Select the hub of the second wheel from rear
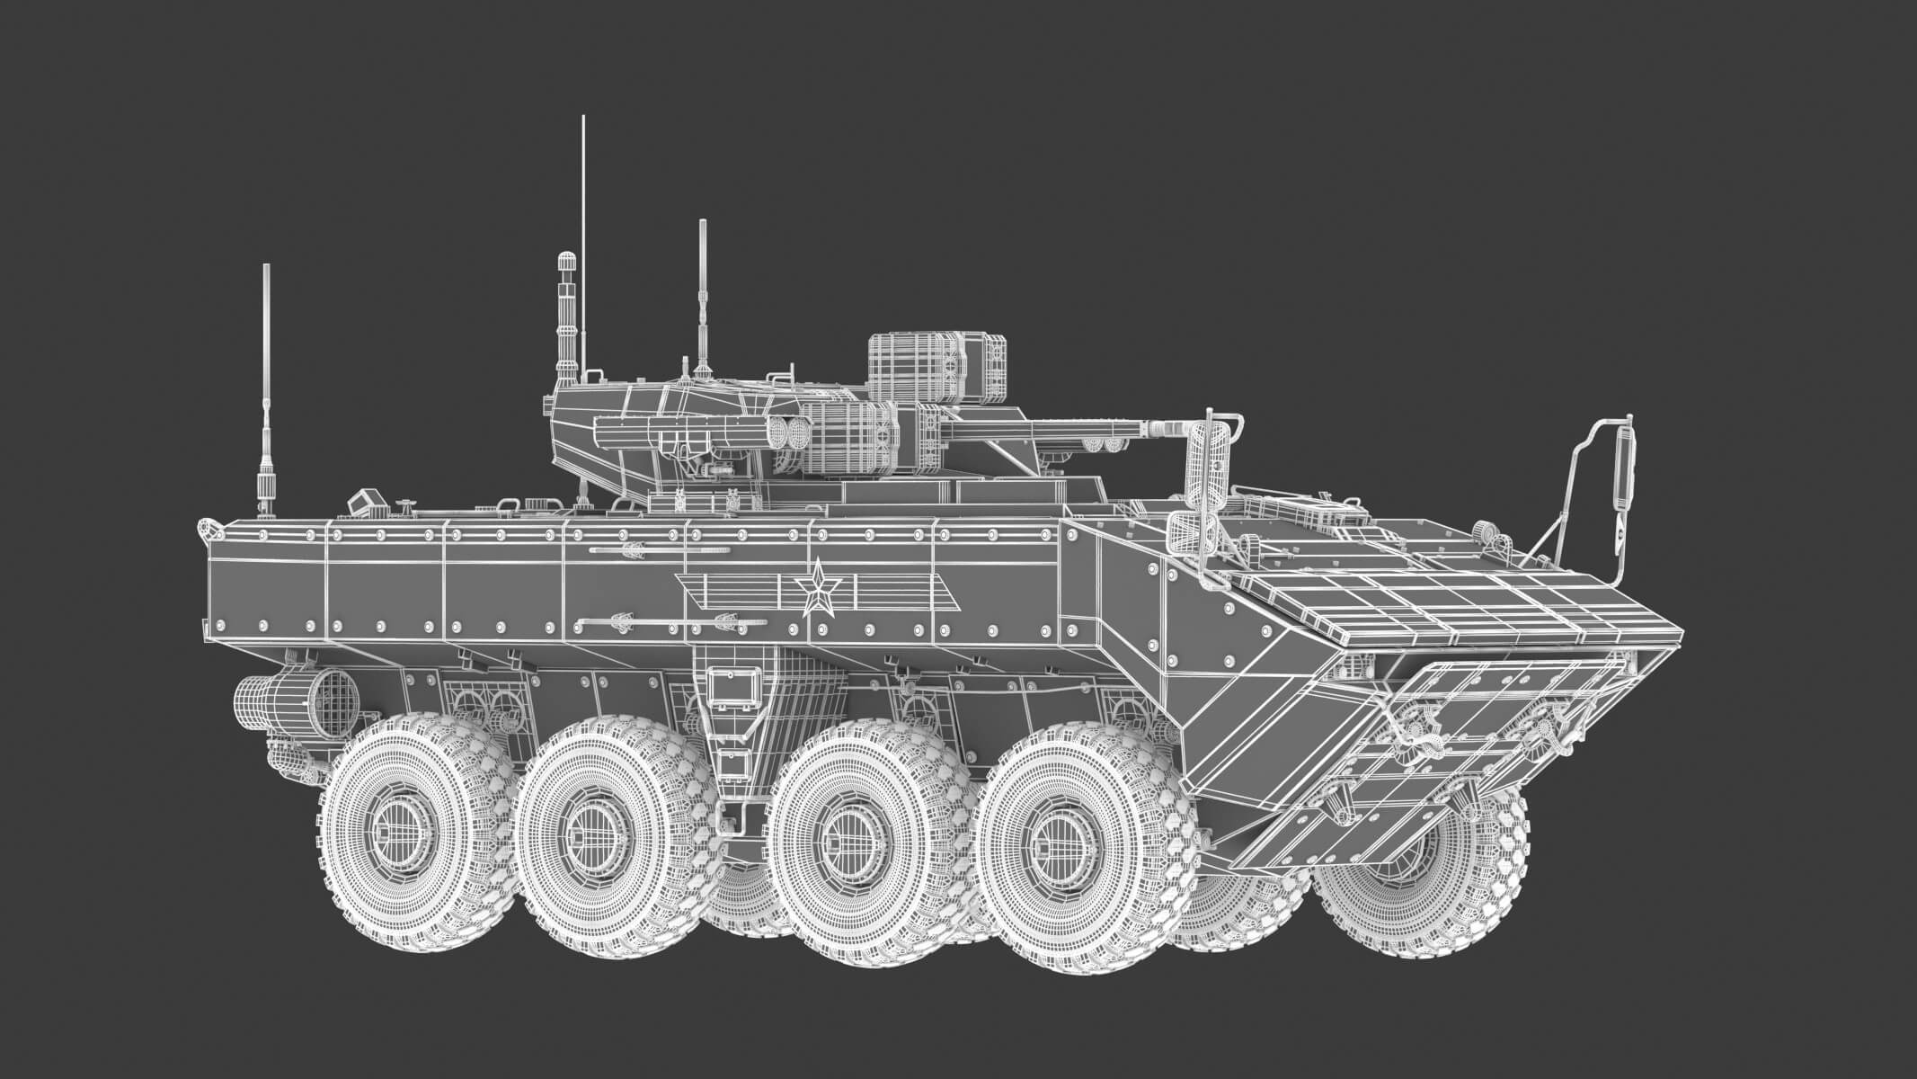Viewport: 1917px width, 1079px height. click(594, 824)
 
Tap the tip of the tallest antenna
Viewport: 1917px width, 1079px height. click(582, 119)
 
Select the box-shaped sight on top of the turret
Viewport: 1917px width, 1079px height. click(937, 367)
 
